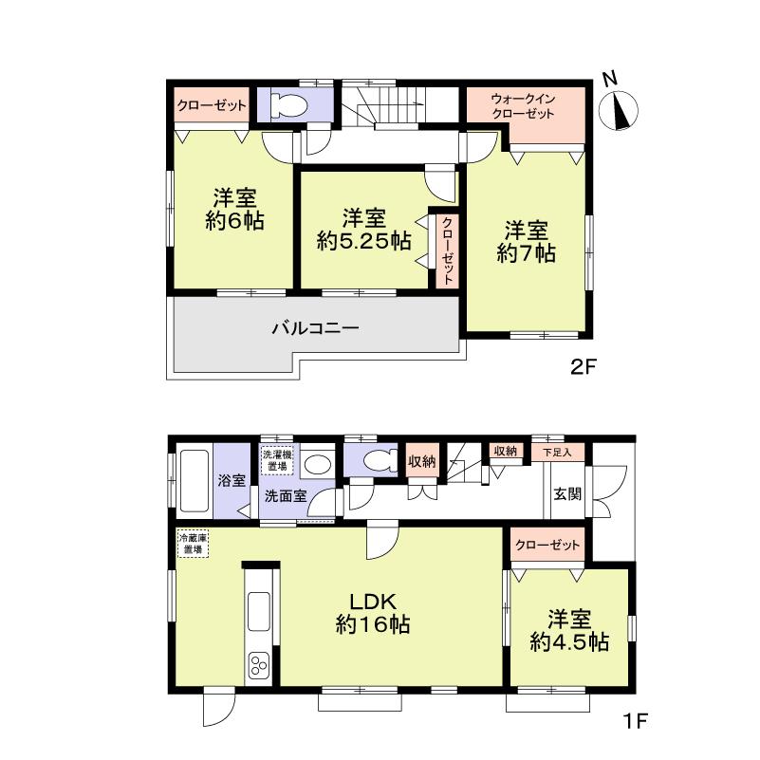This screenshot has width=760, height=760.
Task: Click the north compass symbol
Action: click(623, 109)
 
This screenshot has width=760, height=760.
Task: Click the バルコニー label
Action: click(315, 329)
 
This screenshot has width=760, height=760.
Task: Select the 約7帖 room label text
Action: click(527, 253)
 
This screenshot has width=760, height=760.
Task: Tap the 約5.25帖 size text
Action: click(363, 241)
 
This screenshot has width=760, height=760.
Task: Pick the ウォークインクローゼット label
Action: click(523, 106)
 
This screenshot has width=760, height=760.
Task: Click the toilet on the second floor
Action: click(287, 105)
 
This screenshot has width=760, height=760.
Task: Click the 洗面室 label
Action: click(285, 494)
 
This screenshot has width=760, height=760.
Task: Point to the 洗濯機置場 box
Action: click(279, 458)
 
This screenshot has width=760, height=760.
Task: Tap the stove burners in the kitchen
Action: click(260, 666)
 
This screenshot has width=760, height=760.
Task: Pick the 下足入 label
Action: click(558, 451)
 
